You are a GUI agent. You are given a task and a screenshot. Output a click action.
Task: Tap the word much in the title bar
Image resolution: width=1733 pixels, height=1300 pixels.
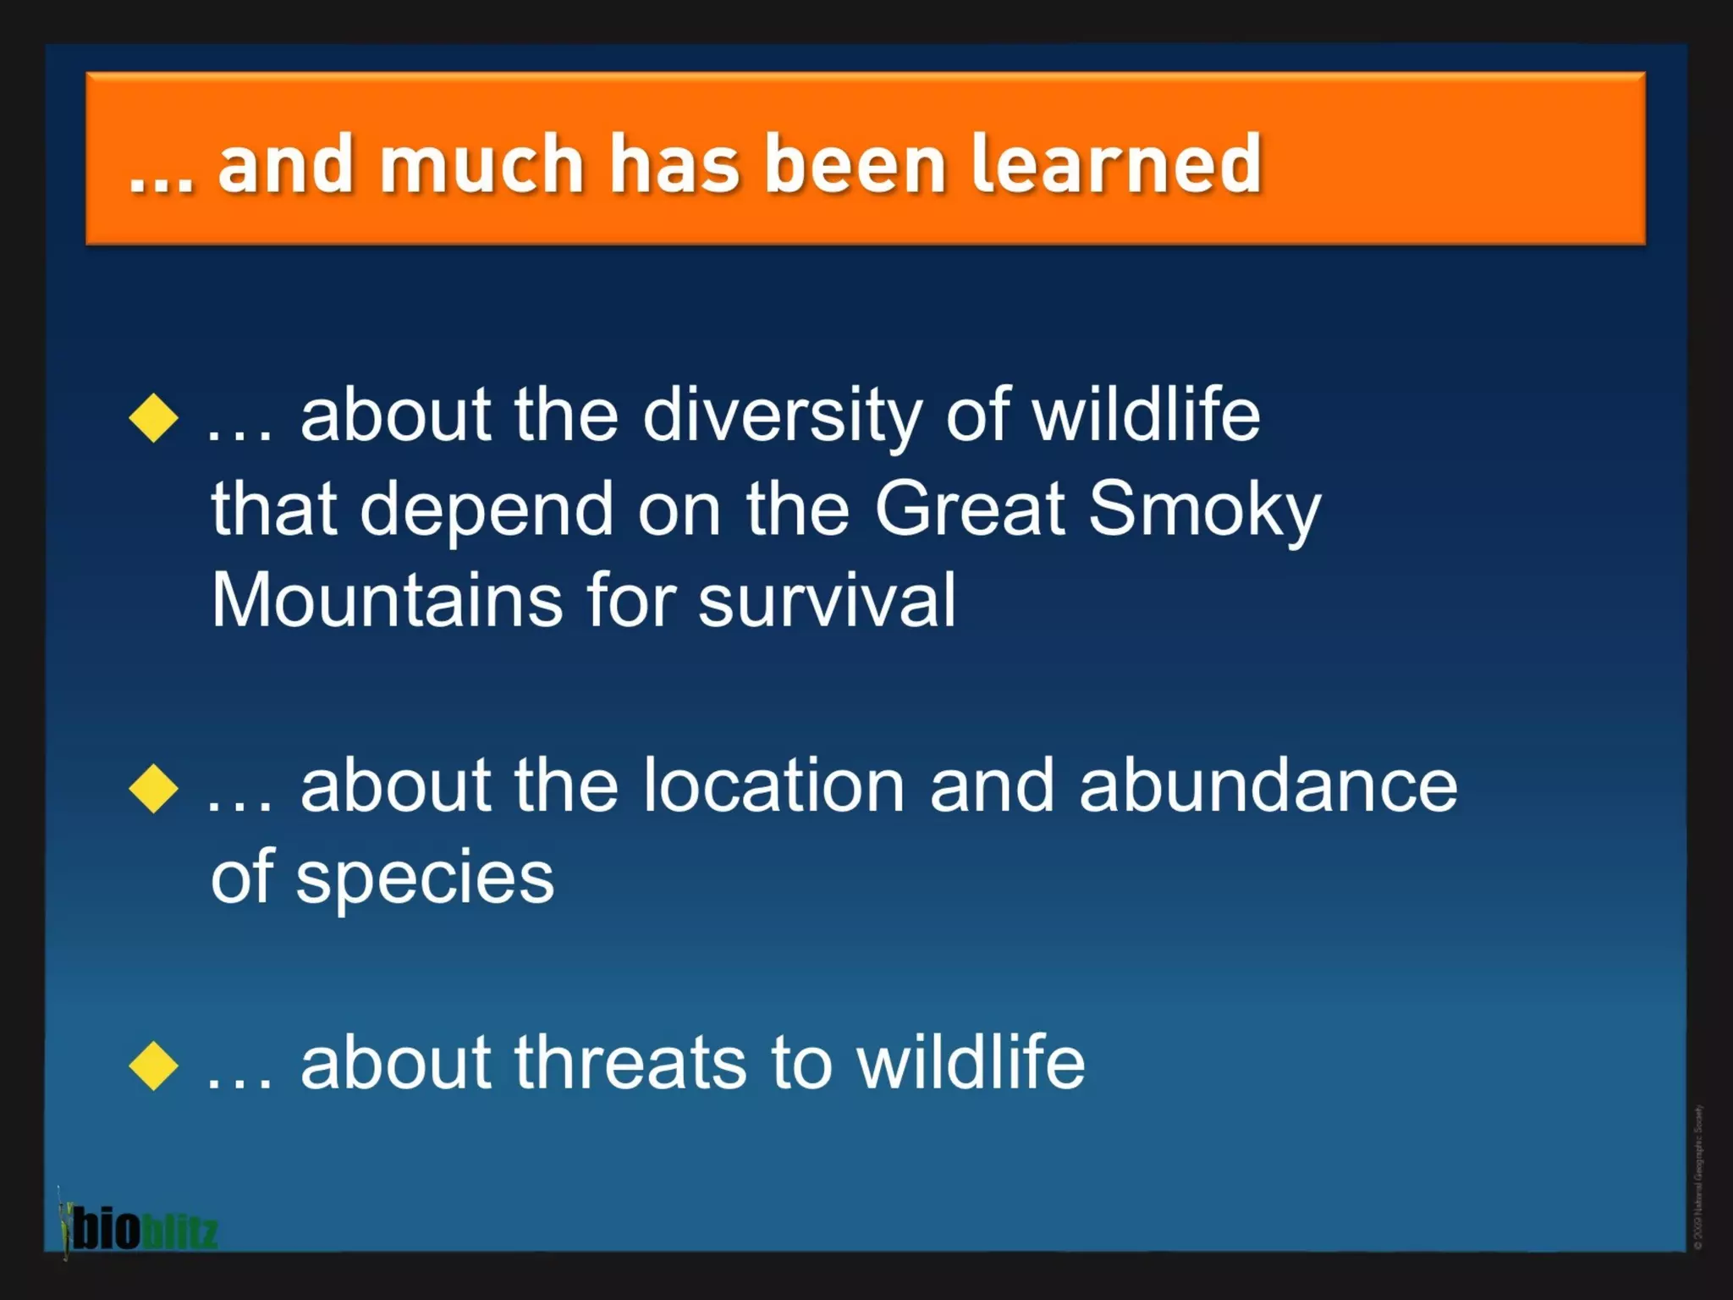(481, 164)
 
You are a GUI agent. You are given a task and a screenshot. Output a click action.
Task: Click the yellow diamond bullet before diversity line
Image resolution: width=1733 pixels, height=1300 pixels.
(154, 417)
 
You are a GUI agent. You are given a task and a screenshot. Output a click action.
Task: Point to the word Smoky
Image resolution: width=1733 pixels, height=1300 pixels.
(1203, 510)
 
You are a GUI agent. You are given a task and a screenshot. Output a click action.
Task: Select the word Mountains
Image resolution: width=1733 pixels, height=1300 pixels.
(387, 601)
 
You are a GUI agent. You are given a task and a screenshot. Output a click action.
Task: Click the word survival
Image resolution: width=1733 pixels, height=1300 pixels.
(827, 601)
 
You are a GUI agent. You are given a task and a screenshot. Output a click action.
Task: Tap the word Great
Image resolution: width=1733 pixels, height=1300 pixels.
(969, 510)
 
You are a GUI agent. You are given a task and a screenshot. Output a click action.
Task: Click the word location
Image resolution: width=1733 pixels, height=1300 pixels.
(773, 787)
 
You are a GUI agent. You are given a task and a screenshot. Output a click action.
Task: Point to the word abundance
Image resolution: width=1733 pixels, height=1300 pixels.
(1268, 787)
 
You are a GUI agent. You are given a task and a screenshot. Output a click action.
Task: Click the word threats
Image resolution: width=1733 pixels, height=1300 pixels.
(630, 1063)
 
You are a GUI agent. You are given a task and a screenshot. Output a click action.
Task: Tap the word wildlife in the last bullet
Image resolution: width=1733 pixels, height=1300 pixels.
(971, 1063)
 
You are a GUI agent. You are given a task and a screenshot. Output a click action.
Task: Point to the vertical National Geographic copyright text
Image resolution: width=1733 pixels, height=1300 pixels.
(1697, 1176)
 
